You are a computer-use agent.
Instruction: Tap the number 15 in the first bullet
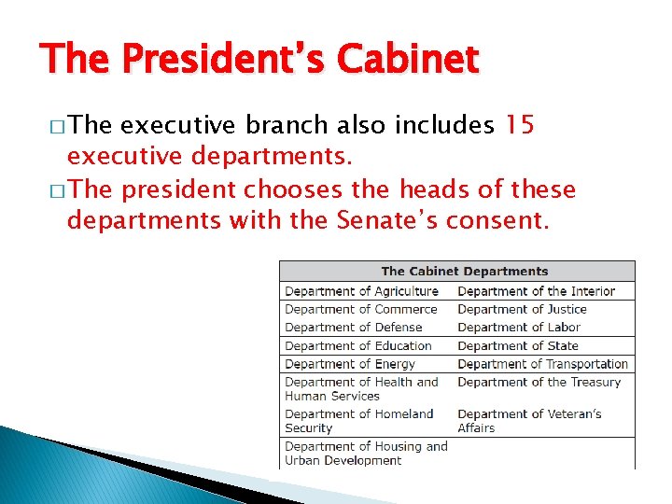pyautogui.click(x=519, y=125)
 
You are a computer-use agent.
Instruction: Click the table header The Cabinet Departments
pyautogui.click(x=464, y=272)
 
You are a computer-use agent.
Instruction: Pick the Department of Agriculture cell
pyautogui.click(x=361, y=291)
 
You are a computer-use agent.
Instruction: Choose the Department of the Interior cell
pyautogui.click(x=536, y=291)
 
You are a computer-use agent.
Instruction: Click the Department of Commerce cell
pyautogui.click(x=360, y=309)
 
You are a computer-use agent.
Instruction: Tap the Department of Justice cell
pyautogui.click(x=522, y=309)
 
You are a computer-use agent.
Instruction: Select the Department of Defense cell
pyautogui.click(x=353, y=328)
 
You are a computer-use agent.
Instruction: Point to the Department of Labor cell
pyautogui.click(x=519, y=328)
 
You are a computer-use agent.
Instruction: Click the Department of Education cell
pyautogui.click(x=357, y=345)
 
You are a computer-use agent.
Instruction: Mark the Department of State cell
pyautogui.click(x=518, y=345)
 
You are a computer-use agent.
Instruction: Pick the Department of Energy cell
pyautogui.click(x=349, y=364)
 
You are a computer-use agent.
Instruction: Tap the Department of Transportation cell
pyautogui.click(x=542, y=364)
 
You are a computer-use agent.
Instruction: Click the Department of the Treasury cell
pyautogui.click(x=539, y=382)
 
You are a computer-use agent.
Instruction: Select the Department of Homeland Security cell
pyautogui.click(x=358, y=421)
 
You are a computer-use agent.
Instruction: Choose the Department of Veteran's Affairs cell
pyautogui.click(x=529, y=421)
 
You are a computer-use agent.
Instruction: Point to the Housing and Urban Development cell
pyautogui.click(x=366, y=453)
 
